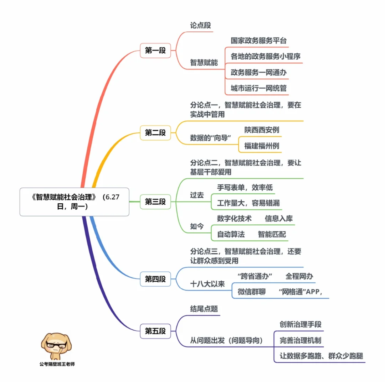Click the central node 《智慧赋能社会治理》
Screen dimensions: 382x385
[x=74, y=202]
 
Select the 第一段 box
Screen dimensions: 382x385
[x=155, y=51]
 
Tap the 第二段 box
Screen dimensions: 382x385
[x=155, y=133]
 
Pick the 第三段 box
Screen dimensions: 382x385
[x=155, y=202]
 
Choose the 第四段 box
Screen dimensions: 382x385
[x=155, y=279]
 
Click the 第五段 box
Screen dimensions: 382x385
[x=155, y=331]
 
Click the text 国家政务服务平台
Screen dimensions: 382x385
[x=258, y=41]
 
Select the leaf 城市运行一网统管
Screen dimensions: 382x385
[x=258, y=88]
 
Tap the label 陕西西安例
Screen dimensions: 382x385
[x=261, y=130]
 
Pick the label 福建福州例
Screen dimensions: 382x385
[x=261, y=146]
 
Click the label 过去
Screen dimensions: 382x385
[x=197, y=195]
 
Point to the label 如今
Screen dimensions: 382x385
[x=197, y=226]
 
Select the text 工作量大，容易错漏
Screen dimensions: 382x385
[x=248, y=203]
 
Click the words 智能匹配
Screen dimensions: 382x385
[x=272, y=234]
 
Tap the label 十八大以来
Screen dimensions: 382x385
[x=207, y=284]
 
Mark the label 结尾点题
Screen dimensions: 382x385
[x=204, y=309]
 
